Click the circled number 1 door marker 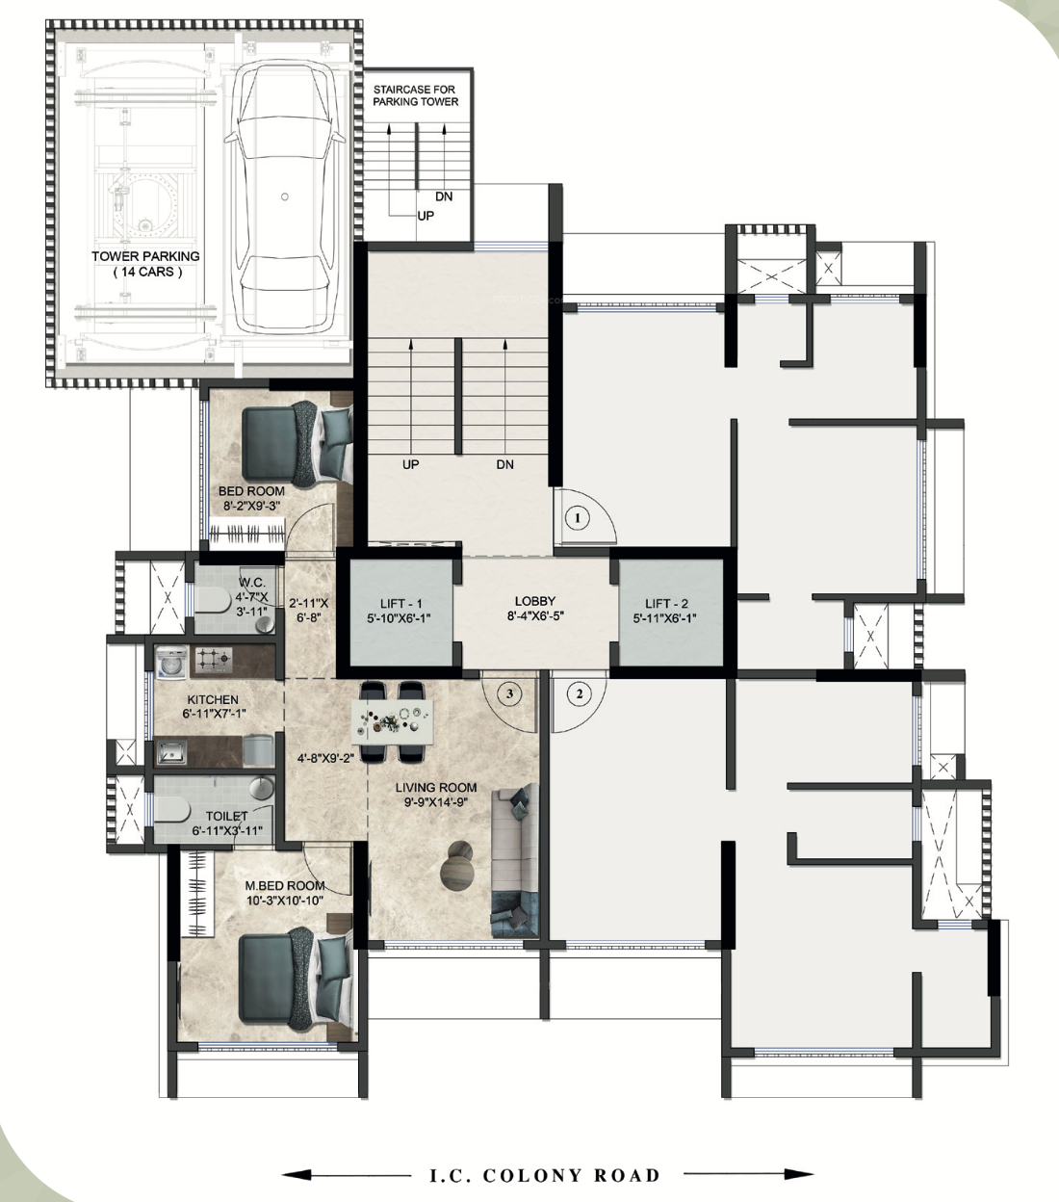(x=577, y=518)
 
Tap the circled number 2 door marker (x=579, y=692)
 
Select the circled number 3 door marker (x=511, y=692)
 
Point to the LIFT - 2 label (x=669, y=603)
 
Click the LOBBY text (x=534, y=601)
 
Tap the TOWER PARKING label (x=145, y=256)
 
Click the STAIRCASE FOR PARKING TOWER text (x=416, y=95)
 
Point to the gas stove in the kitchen (x=214, y=660)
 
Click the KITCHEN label (x=213, y=700)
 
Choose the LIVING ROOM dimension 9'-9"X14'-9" (x=436, y=801)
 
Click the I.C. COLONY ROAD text (x=545, y=1175)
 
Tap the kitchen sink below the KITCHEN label (x=172, y=751)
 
